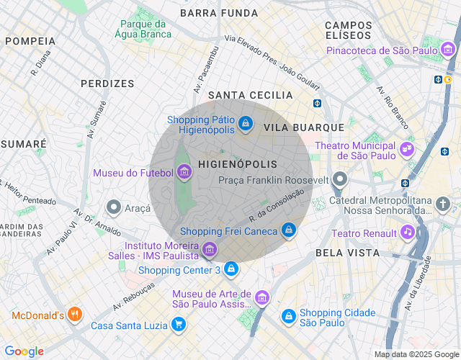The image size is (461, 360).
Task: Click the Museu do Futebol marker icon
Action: pyautogui.click(x=184, y=172)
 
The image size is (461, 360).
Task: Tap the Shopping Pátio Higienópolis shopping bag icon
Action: pyautogui.click(x=246, y=125)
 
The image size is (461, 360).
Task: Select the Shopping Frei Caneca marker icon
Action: pyautogui.click(x=288, y=230)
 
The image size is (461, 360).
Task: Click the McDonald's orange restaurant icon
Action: pyautogui.click(x=76, y=315)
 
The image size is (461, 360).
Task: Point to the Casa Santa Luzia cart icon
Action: pyautogui.click(x=178, y=325)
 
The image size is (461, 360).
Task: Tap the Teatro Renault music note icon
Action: pyautogui.click(x=408, y=233)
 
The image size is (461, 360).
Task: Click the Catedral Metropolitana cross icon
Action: pyautogui.click(x=443, y=204)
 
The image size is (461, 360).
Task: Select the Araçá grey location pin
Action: pyautogui.click(x=113, y=207)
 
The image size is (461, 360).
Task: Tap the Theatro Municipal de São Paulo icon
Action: pyautogui.click(x=408, y=150)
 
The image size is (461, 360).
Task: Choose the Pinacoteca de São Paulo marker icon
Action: pyautogui.click(x=448, y=50)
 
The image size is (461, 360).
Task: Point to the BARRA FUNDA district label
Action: pyautogui.click(x=219, y=13)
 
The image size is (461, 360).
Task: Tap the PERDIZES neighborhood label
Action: pyautogui.click(x=107, y=84)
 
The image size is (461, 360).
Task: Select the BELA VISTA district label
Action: pyautogui.click(x=347, y=253)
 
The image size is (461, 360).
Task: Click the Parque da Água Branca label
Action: pyautogui.click(x=146, y=28)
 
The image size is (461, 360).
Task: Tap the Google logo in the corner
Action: pyautogui.click(x=24, y=351)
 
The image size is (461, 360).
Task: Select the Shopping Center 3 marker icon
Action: pyautogui.click(x=230, y=269)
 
